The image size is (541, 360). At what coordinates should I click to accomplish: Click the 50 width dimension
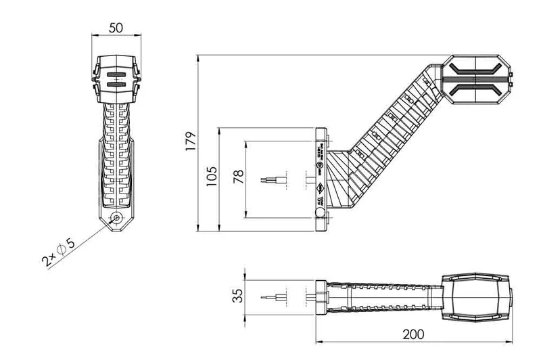[116, 27]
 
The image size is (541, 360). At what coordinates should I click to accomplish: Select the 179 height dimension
[191, 140]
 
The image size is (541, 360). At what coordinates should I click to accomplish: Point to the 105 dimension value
[212, 177]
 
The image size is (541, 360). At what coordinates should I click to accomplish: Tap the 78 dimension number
[237, 179]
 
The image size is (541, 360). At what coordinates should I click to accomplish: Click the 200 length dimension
[414, 334]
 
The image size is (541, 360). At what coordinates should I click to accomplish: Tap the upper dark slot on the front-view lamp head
[116, 74]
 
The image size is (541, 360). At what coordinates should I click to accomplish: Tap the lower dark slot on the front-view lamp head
[116, 85]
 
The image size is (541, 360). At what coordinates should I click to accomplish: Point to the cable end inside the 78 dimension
[270, 180]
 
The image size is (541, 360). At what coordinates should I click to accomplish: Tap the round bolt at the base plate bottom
[321, 214]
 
